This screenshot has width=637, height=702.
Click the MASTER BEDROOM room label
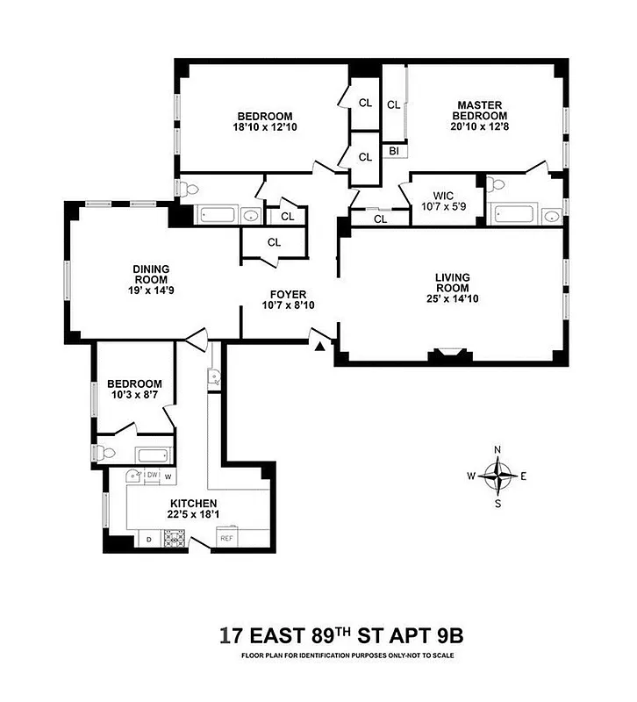pyautogui.click(x=480, y=110)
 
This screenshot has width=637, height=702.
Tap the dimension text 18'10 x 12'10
pyautogui.click(x=264, y=127)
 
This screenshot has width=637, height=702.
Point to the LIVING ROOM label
pyautogui.click(x=453, y=283)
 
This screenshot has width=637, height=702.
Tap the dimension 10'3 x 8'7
pyautogui.click(x=134, y=396)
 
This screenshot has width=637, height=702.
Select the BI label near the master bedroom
pyautogui.click(x=392, y=152)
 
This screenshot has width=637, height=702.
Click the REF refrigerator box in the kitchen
pyautogui.click(x=226, y=538)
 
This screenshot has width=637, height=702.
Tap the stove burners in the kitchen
pyautogui.click(x=173, y=538)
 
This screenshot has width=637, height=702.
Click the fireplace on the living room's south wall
pyautogui.click(x=447, y=355)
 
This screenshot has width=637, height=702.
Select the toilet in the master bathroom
pyautogui.click(x=497, y=185)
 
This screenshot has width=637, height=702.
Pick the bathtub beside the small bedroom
pyautogui.click(x=154, y=455)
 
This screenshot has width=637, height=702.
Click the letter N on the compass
pyautogui.click(x=497, y=450)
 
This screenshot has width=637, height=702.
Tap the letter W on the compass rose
pyautogui.click(x=470, y=476)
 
